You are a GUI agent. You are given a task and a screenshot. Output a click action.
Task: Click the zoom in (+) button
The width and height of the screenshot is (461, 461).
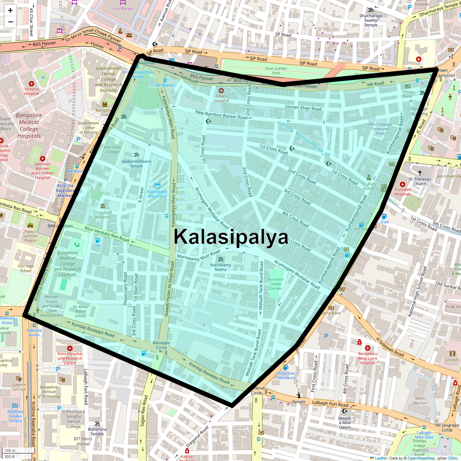click(x=10, y=10)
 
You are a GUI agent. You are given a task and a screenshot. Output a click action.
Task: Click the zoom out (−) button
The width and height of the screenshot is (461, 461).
click(x=10, y=22)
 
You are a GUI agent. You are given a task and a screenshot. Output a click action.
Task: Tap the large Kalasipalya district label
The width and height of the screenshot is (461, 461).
click(x=231, y=237)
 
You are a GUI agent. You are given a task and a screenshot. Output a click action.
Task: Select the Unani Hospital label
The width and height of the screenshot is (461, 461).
click(x=221, y=98)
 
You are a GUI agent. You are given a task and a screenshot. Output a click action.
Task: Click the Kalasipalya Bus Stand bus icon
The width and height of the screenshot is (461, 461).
click(x=157, y=186)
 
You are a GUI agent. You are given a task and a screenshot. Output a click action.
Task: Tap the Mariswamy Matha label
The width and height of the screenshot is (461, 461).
click(x=221, y=267)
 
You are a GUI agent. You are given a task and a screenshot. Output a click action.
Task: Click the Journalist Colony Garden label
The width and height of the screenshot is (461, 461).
click(x=275, y=284)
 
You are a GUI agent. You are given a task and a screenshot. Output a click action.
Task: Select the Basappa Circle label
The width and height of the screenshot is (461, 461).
click(x=161, y=345)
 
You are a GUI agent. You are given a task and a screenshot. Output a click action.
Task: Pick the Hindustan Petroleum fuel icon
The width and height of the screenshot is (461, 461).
click(x=285, y=368)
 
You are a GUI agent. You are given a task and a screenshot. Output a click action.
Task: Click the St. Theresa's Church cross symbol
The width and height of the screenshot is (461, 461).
click(x=420, y=173)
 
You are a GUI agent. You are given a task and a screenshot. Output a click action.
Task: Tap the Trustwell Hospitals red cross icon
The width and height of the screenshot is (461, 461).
click(x=402, y=184)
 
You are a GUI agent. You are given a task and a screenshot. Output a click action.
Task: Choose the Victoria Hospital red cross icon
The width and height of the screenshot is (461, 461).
click(x=32, y=84)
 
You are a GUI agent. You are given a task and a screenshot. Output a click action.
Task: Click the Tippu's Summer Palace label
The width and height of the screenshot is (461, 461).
click(x=30, y=236)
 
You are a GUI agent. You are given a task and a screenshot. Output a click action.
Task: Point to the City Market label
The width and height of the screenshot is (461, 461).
click(x=123, y=8)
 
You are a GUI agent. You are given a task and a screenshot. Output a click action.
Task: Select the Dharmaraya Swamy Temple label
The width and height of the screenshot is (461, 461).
click(x=371, y=20)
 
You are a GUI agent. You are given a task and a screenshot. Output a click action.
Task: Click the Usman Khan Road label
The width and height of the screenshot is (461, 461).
click(x=303, y=108)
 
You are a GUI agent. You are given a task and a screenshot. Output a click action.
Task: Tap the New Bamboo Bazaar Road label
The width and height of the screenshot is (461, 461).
click(x=221, y=114)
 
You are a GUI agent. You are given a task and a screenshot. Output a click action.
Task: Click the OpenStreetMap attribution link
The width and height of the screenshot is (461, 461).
click(x=421, y=458)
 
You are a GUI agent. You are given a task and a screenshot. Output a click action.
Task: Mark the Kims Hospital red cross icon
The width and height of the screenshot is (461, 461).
click(x=70, y=348)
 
